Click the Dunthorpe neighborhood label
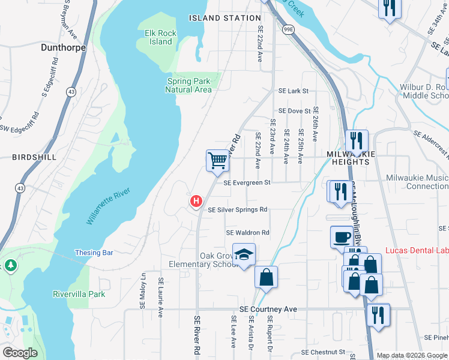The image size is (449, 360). coord(63,47)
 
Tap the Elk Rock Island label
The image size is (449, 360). coord(161,37)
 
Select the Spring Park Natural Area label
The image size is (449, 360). coord(188,85)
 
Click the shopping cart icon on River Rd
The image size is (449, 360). coord(218,160)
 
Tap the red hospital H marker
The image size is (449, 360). coord(195,201)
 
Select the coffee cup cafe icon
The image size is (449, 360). coord(342,236)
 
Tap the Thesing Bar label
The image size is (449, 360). coord(94,253)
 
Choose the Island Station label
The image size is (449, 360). coord(225,18)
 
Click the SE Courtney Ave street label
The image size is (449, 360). coord(268,309)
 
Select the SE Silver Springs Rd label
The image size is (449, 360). coord(238,210)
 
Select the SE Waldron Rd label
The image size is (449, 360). coord(248,233)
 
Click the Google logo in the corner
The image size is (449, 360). coord(20,353)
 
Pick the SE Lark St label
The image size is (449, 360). coord(293,91)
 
